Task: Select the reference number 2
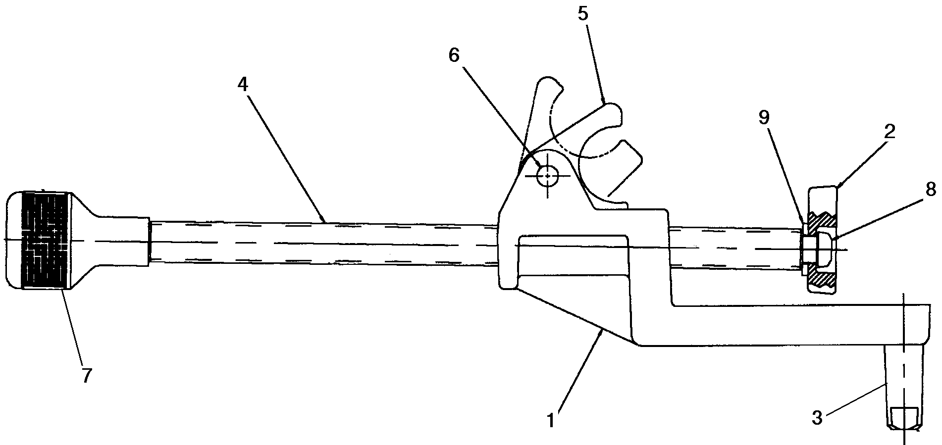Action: point(890,133)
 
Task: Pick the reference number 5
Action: point(583,13)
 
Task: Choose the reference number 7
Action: point(86,376)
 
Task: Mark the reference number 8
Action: point(930,189)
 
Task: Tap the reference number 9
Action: point(764,117)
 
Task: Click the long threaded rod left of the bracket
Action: point(322,244)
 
